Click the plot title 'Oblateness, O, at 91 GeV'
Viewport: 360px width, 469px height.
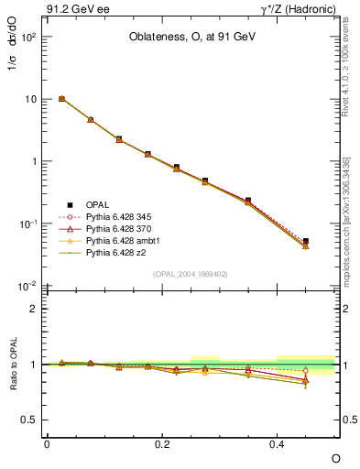coord(191,38)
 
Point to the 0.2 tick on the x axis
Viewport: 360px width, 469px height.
coord(162,444)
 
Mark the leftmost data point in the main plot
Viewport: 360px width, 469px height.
coord(61,99)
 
